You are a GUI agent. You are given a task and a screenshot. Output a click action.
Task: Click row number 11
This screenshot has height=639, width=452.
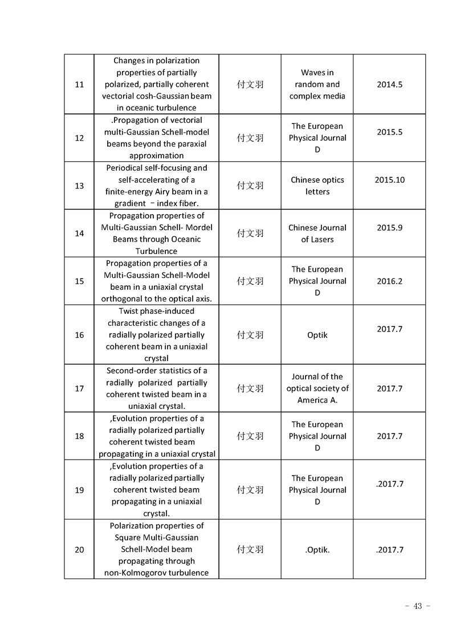(79, 84)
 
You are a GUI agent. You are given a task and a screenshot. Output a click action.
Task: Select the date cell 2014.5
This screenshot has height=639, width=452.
(389, 84)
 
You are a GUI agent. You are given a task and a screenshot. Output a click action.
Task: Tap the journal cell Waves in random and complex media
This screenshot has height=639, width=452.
(317, 84)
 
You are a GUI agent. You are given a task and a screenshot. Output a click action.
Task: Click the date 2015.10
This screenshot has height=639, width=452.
(389, 180)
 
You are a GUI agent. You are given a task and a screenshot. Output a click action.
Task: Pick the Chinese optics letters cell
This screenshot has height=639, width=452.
(317, 186)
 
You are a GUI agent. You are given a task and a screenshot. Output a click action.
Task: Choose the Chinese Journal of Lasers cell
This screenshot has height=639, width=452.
(317, 234)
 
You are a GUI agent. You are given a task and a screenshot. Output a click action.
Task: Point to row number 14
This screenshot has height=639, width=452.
(79, 234)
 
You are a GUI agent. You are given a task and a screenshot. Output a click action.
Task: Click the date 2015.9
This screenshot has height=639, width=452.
(389, 228)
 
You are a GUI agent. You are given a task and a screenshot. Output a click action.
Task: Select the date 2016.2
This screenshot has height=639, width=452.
(389, 281)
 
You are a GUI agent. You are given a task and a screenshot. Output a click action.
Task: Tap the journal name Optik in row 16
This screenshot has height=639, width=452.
(317, 335)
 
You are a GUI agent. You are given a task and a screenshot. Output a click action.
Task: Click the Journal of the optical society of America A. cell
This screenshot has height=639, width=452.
(317, 388)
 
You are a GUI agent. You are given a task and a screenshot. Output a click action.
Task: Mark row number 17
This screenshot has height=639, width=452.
(79, 388)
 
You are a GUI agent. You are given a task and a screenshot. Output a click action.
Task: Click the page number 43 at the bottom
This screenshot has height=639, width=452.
(417, 606)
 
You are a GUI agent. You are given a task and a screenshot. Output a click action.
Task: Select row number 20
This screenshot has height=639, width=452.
(79, 550)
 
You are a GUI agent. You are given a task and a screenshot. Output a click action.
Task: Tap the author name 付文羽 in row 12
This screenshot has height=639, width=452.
(250, 138)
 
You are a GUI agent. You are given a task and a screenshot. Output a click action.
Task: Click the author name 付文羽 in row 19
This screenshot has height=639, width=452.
(250, 490)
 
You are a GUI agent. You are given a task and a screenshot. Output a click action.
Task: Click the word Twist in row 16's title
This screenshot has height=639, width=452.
(130, 311)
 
